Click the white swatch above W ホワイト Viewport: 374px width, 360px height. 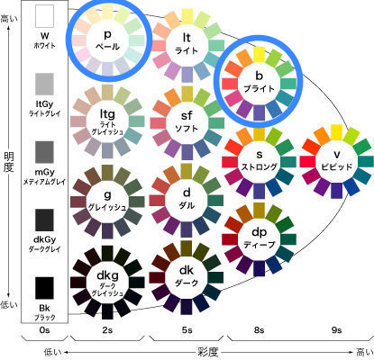coord(44,16)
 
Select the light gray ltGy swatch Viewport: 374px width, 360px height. coord(44,84)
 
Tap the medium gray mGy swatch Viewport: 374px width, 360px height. coord(44,152)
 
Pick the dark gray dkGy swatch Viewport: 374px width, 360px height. coord(44,220)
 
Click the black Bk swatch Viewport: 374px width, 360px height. coord(44,288)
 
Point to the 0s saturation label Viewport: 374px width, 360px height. coord(44,330)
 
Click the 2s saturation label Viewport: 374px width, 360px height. coord(107,330)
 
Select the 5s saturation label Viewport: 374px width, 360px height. coord(187,330)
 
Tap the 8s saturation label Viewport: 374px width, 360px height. coord(259,330)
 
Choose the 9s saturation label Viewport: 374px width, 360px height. coord(336,330)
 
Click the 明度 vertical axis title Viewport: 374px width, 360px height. coord(9,162)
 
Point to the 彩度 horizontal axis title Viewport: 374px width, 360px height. coord(207,352)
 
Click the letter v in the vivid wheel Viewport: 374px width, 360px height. coord(337,155)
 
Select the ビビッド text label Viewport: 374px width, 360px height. coord(336,166)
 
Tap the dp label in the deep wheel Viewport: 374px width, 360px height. coord(259,232)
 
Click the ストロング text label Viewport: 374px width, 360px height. coord(259,166)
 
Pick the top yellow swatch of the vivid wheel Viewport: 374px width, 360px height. coord(336,132)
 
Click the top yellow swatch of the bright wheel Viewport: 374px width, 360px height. coord(259,54)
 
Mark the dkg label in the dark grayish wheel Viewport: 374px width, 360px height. coord(107,275)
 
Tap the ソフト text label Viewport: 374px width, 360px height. coord(187,129)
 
